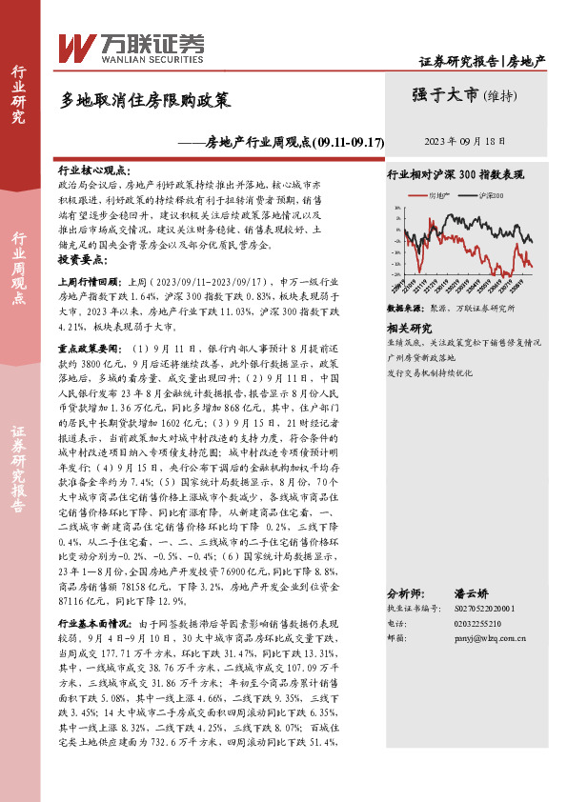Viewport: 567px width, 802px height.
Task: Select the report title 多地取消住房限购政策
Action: [x=145, y=99]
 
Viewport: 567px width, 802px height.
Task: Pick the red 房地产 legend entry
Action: [x=436, y=194]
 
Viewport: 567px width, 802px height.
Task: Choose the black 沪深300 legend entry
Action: [x=489, y=194]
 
